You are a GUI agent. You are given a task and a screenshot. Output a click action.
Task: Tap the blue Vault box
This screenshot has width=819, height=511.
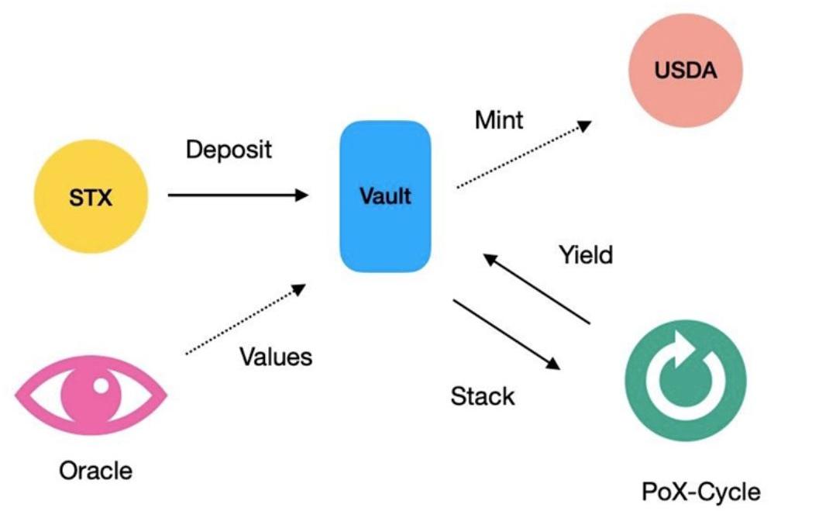click(x=385, y=195)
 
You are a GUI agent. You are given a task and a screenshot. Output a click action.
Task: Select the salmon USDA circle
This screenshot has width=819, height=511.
click(x=685, y=72)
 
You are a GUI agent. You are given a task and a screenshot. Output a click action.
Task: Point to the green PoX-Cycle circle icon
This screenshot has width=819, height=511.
click(x=685, y=381)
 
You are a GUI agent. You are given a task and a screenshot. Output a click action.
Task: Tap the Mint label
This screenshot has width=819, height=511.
click(x=499, y=119)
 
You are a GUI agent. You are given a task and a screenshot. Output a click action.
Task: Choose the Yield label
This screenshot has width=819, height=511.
click(x=585, y=254)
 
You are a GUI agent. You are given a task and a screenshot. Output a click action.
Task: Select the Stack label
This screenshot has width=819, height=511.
click(x=482, y=396)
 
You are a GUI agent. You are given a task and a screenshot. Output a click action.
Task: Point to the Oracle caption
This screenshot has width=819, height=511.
click(x=95, y=470)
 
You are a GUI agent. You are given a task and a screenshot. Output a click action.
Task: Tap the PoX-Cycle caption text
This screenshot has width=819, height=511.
click(x=700, y=491)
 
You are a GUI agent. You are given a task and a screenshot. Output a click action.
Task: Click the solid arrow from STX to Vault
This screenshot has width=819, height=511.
click(x=238, y=195)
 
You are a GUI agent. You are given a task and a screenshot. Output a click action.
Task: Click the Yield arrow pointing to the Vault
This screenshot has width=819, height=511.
click(x=536, y=289)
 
